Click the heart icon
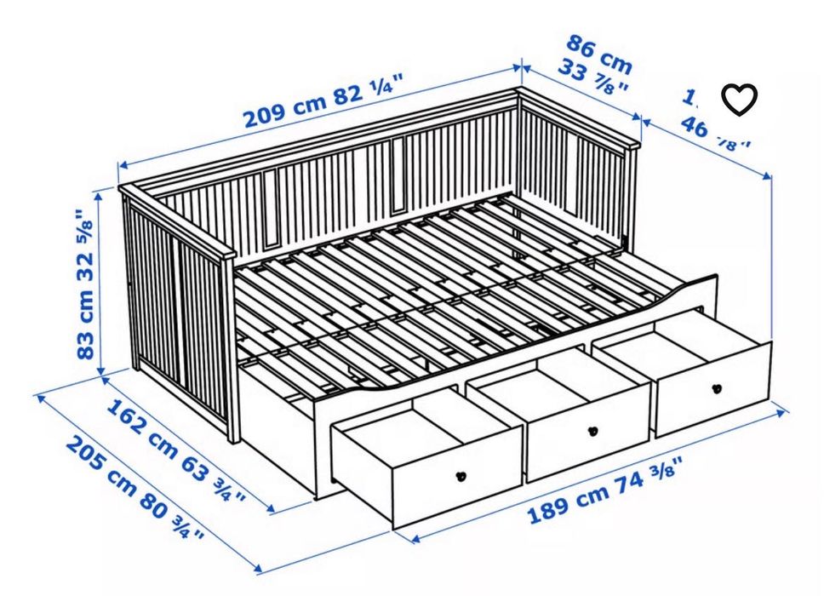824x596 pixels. pos(739,100)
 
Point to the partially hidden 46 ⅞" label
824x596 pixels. pos(715,132)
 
